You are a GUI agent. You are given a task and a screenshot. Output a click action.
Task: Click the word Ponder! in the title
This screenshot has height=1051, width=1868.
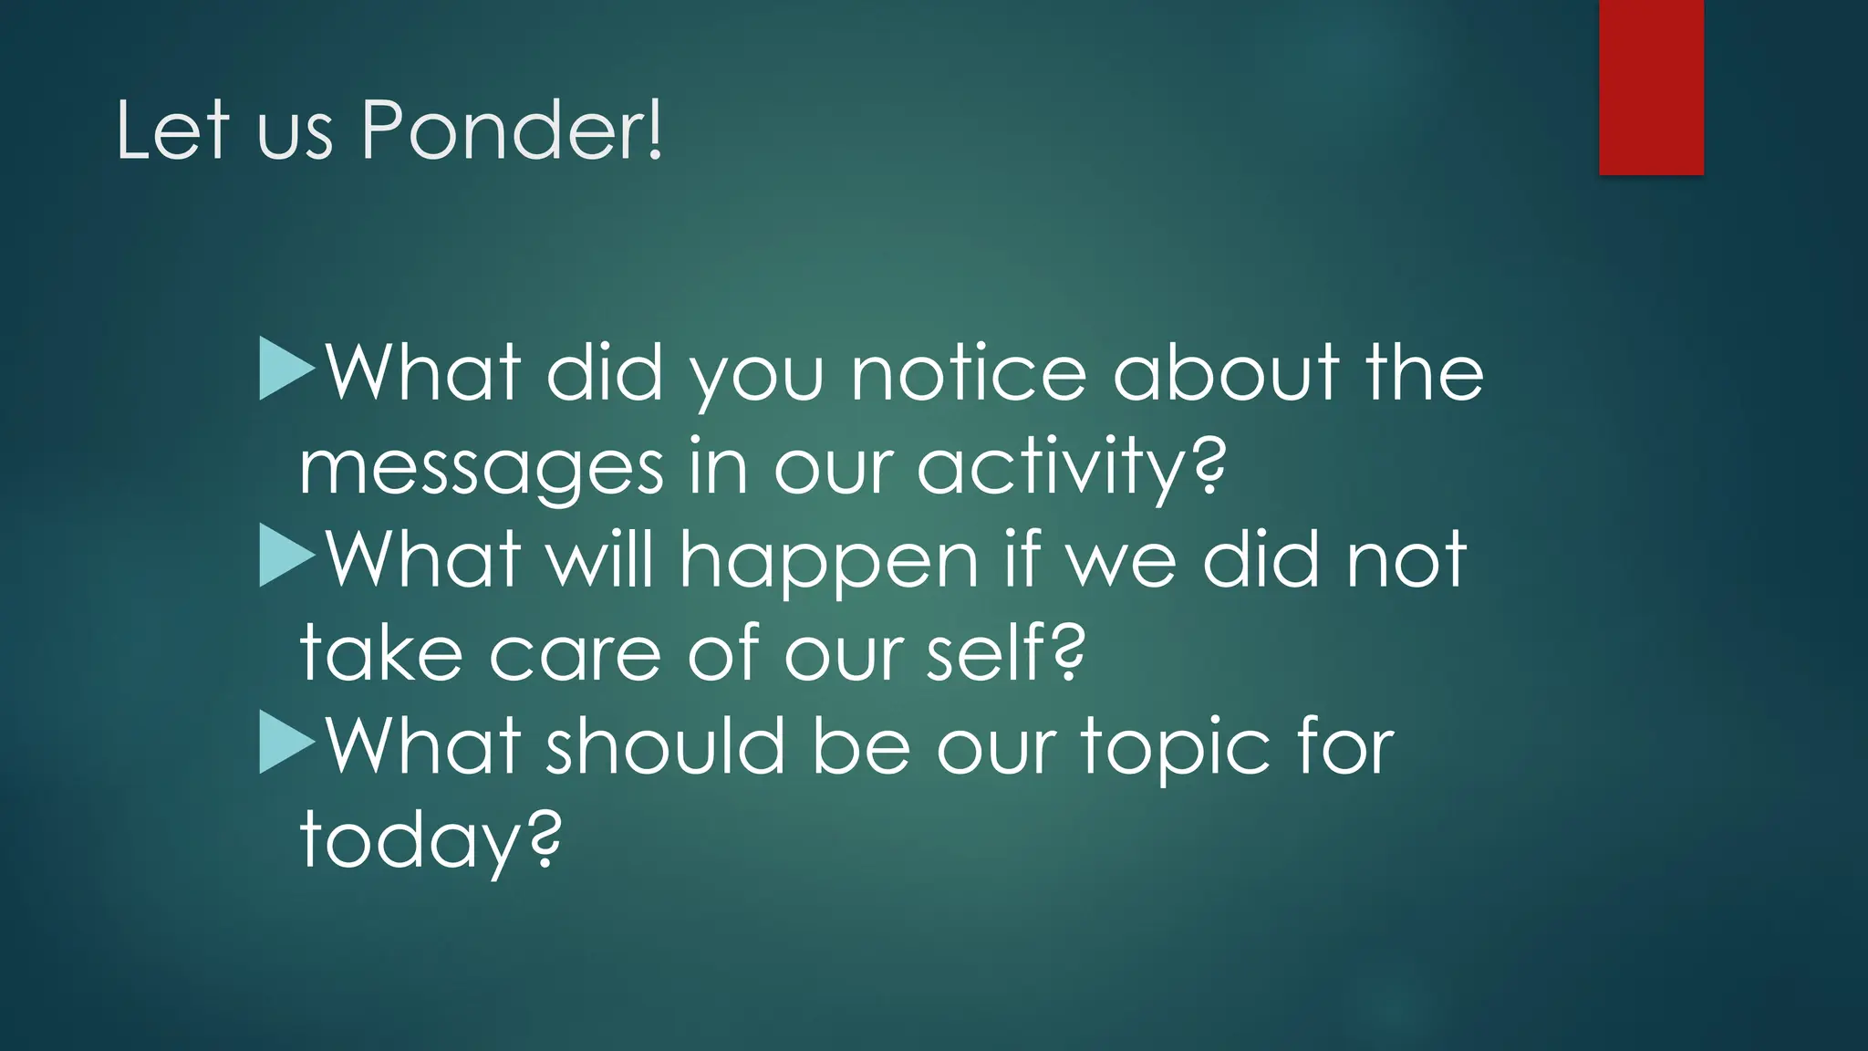pyautogui.click(x=513, y=130)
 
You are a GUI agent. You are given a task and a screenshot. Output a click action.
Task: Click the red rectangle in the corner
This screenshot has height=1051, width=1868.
pyautogui.click(x=1651, y=87)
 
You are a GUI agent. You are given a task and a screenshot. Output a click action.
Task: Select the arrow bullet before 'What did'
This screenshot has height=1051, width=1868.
pyautogui.click(x=286, y=369)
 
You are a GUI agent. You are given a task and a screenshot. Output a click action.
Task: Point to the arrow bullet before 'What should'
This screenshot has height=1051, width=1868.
pyautogui.click(x=286, y=742)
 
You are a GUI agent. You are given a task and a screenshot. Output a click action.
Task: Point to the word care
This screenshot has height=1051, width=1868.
pyautogui.click(x=575, y=654)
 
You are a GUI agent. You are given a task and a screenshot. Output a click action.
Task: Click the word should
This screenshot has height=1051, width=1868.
pyautogui.click(x=666, y=745)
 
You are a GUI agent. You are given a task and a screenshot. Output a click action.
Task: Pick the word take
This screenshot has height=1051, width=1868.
pyautogui.click(x=381, y=652)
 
